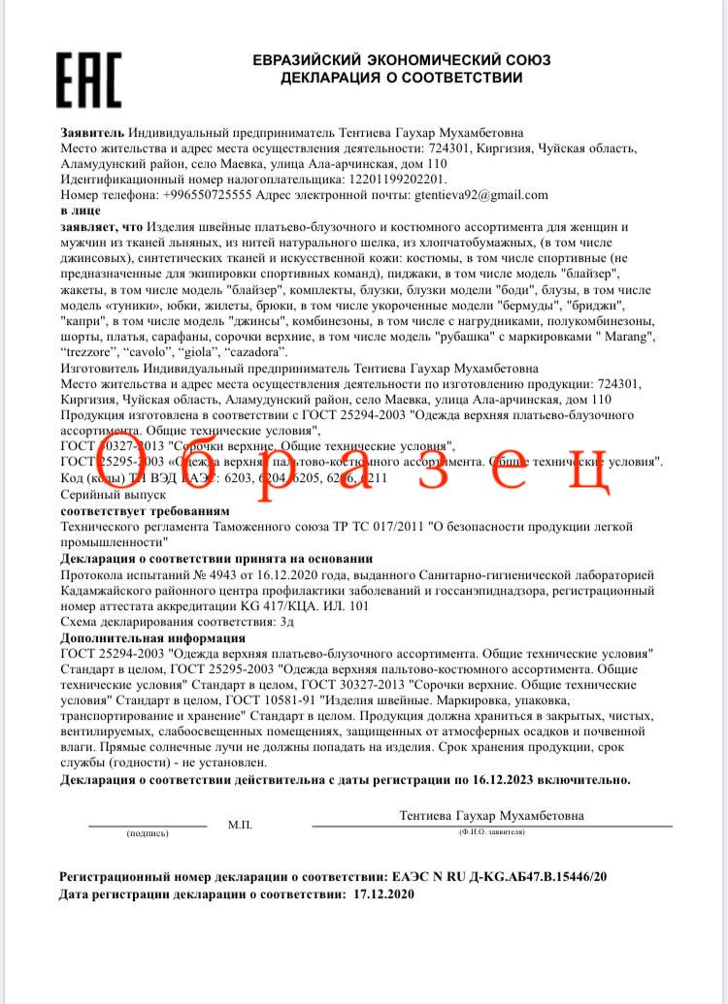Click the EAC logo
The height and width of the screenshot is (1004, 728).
coord(88,81)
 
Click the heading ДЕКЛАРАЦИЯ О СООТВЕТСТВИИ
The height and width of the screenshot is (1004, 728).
coord(401,77)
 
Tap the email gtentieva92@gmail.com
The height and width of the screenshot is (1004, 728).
coord(481,194)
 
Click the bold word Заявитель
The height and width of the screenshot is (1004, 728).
coord(91,132)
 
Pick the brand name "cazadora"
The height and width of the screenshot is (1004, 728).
coord(254,351)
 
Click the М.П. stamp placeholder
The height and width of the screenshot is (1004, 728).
coord(240,824)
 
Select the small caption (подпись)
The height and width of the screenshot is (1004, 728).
coord(147,833)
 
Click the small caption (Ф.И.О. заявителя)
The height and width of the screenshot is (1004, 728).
coord(491,832)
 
